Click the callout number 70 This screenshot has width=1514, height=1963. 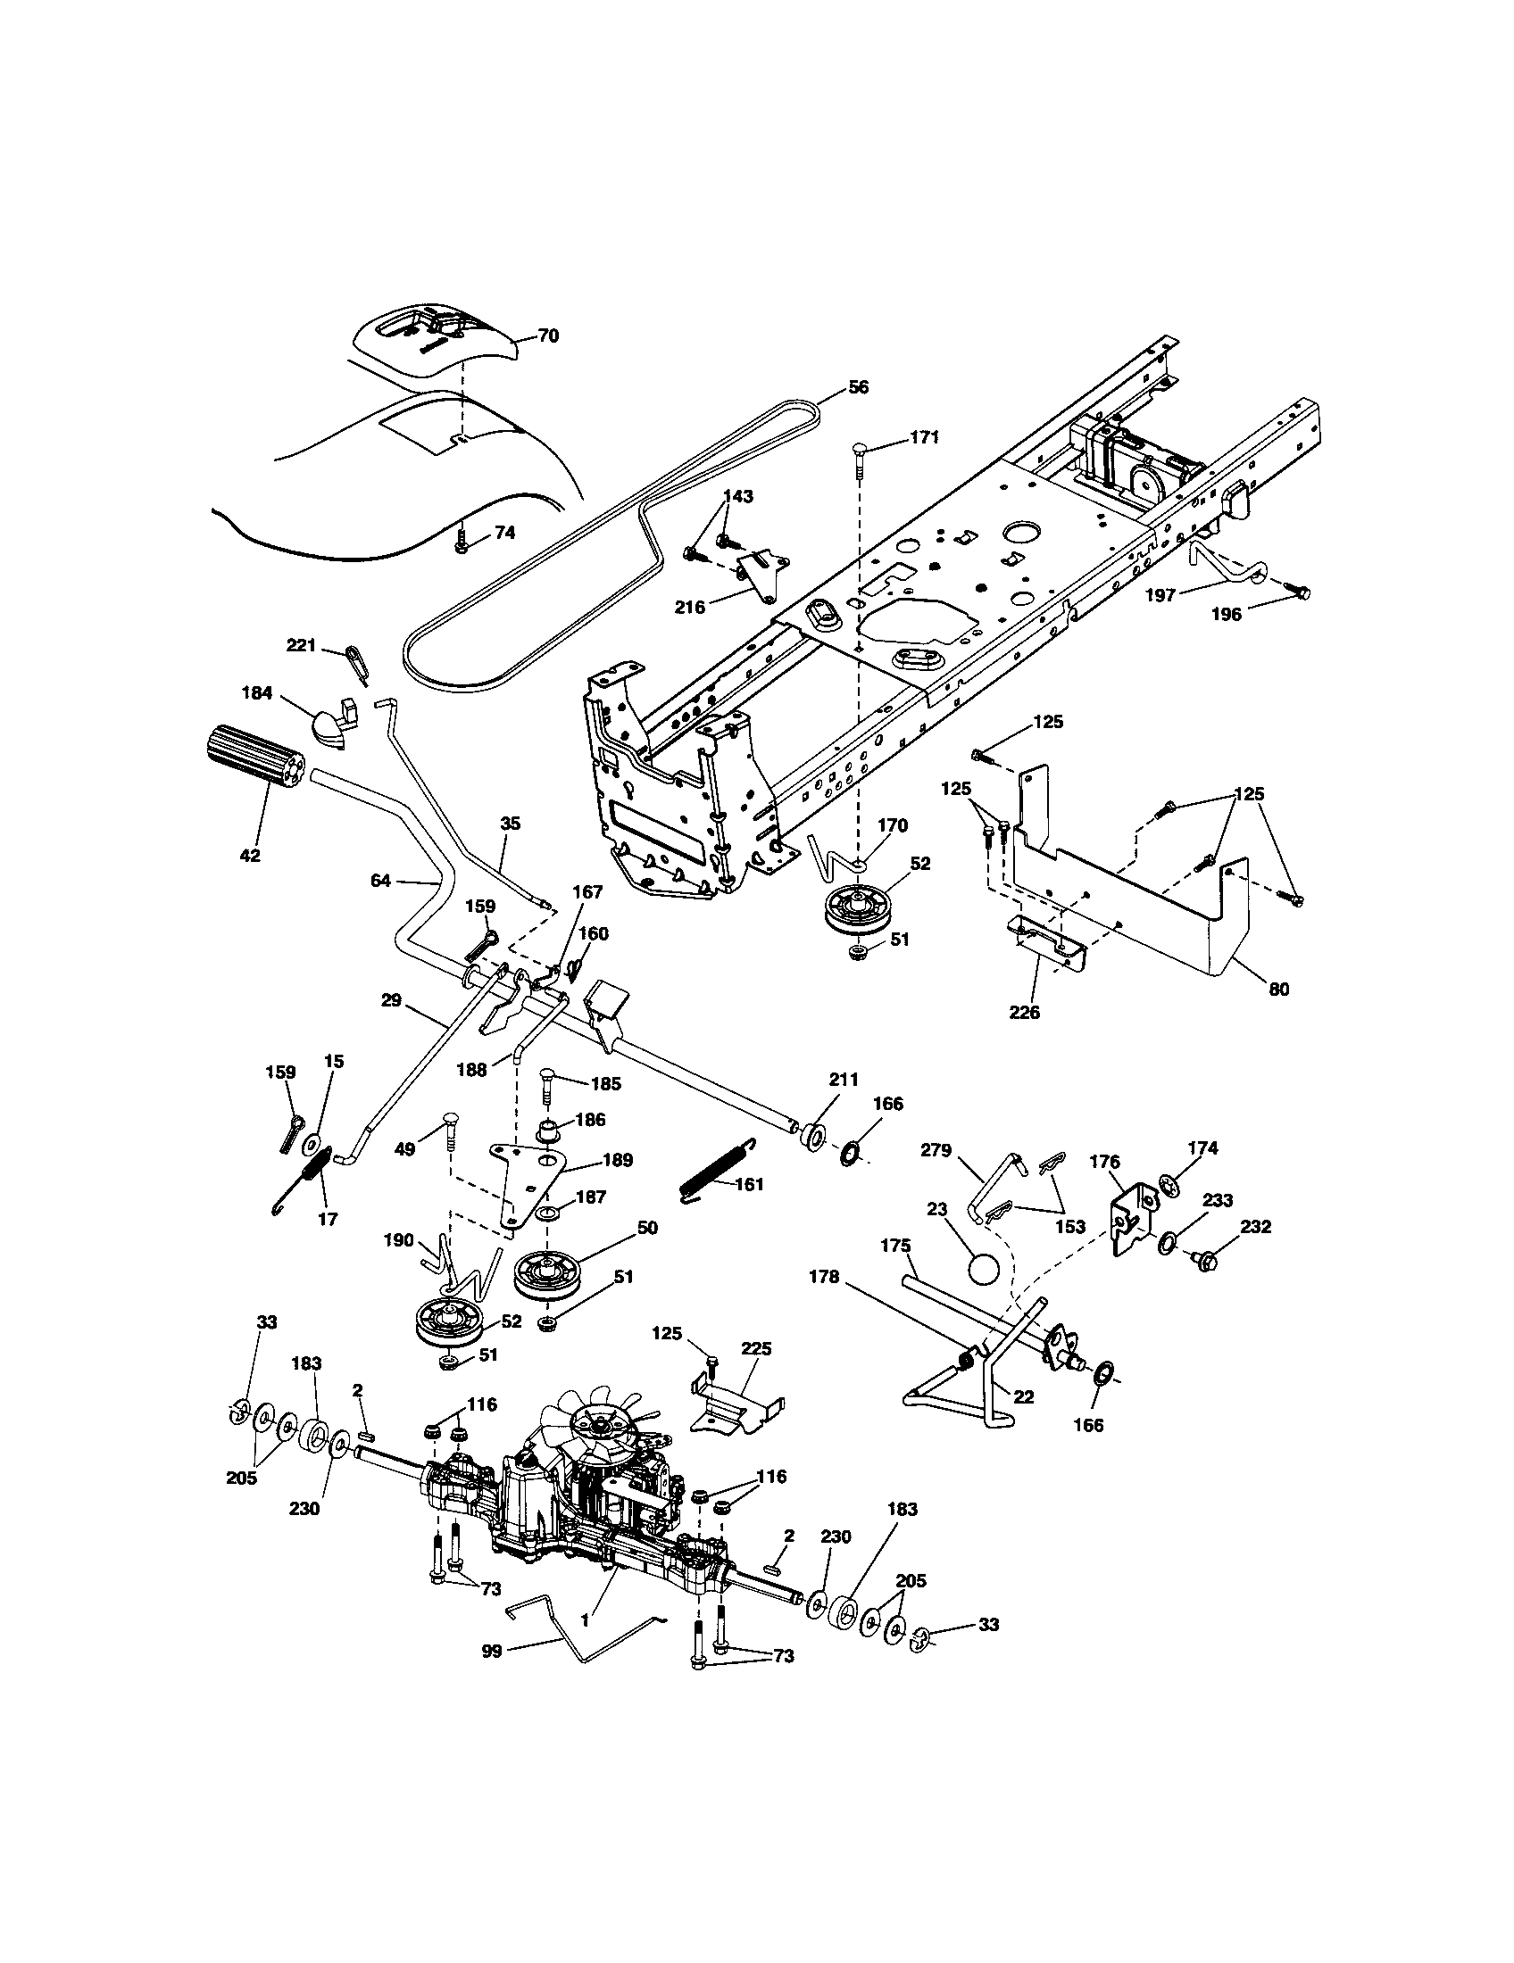pos(547,336)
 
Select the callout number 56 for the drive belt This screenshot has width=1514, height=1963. pos(859,387)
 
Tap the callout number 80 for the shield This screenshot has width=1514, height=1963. pos(1277,989)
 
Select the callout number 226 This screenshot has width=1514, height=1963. pos(1024,1012)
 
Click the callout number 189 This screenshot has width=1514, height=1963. pos(619,1160)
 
